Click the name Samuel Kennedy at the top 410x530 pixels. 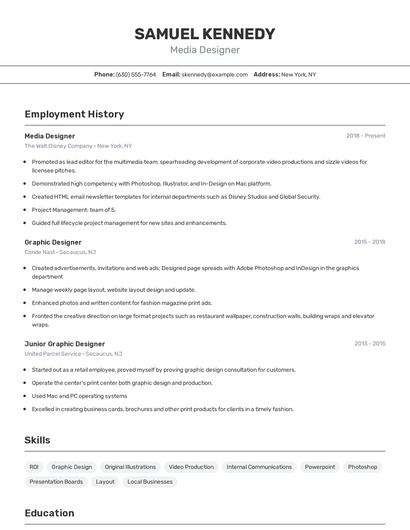click(205, 34)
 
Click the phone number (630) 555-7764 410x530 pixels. click(136, 75)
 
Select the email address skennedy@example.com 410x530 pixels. click(215, 75)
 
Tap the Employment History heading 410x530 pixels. click(74, 115)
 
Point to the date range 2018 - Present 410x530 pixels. click(366, 136)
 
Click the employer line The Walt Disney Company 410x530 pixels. click(78, 146)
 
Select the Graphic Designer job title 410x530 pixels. click(53, 242)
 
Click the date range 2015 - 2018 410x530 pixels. click(369, 242)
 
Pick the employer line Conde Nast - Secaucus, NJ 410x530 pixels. click(60, 252)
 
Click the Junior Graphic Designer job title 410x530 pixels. click(65, 344)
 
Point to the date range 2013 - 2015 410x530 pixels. click(369, 344)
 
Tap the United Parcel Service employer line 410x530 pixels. click(73, 354)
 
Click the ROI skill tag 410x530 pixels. click(34, 467)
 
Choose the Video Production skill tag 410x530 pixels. click(191, 467)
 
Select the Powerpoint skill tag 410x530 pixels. click(320, 467)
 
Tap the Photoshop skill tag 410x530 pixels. click(363, 467)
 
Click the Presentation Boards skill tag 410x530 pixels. click(56, 482)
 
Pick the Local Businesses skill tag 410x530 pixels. click(150, 482)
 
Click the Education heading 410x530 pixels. click(50, 514)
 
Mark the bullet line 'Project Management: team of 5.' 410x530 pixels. click(74, 210)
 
